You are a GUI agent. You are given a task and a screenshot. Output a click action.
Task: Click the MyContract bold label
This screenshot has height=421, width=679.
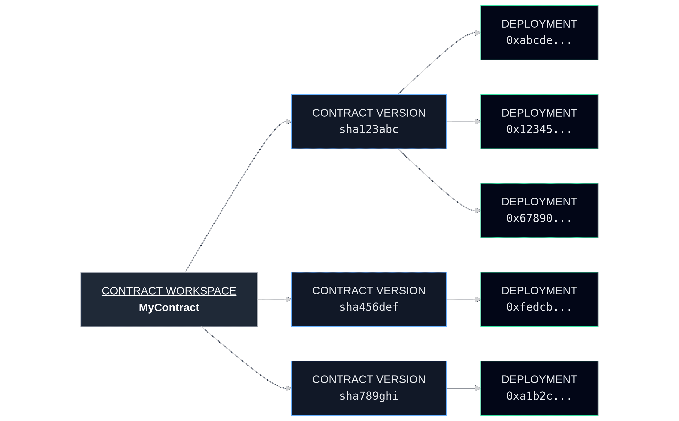(x=169, y=307)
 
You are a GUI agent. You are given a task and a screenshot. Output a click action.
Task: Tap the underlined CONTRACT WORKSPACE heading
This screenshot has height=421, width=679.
(x=169, y=291)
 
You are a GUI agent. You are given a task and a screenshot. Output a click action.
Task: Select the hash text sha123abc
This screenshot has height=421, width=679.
(x=369, y=129)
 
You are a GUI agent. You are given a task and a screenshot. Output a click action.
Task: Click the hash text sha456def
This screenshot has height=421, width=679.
(x=369, y=307)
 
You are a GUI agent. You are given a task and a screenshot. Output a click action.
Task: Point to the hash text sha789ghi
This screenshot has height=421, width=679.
(x=369, y=396)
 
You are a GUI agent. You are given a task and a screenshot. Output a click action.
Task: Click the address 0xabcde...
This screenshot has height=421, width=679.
(x=539, y=40)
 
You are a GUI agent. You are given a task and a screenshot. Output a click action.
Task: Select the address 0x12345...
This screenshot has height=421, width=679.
(x=539, y=129)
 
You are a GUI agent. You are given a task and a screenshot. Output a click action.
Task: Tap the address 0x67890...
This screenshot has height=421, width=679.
(x=539, y=218)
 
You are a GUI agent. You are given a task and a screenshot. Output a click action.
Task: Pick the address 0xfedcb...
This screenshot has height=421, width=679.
(x=539, y=307)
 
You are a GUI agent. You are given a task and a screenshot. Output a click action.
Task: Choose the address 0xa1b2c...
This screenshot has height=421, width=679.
(x=539, y=396)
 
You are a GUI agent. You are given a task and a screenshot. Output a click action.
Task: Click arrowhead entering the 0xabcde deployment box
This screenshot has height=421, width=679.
(x=478, y=33)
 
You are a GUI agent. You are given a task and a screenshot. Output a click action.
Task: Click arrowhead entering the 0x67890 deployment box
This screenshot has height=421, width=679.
(x=478, y=210)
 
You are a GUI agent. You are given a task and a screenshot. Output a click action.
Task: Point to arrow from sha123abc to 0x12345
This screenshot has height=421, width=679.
(x=463, y=122)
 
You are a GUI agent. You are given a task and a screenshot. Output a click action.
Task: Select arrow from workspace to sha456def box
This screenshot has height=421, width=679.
(x=274, y=299)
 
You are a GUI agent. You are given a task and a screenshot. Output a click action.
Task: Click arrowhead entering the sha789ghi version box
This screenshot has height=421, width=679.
(x=289, y=388)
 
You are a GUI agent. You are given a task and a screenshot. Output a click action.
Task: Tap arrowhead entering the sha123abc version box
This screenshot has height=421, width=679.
(x=289, y=122)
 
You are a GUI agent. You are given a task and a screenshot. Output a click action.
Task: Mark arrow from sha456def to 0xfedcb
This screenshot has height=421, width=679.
(x=463, y=299)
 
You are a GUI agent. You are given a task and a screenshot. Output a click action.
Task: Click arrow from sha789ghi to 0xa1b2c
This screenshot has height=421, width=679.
(x=463, y=388)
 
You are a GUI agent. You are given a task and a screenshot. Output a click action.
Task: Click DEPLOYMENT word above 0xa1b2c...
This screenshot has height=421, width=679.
(x=539, y=379)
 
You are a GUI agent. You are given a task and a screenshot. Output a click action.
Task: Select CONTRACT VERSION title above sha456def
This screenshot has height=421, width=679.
(x=369, y=290)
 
